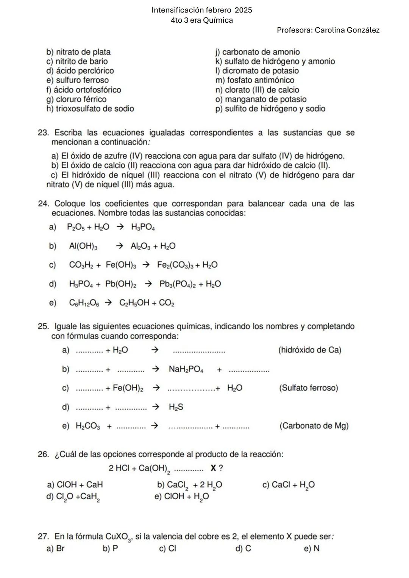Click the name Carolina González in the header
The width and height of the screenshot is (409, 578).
pyautogui.click(x=347, y=30)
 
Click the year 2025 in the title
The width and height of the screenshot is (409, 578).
pyautogui.click(x=240, y=10)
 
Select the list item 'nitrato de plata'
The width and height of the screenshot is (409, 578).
pyautogui.click(x=78, y=52)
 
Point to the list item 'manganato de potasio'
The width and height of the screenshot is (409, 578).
pyautogui.click(x=261, y=99)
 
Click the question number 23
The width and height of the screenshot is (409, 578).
pyautogui.click(x=43, y=133)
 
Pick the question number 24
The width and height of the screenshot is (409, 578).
pyautogui.click(x=43, y=204)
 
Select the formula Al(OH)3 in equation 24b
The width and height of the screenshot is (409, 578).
pyautogui.click(x=83, y=246)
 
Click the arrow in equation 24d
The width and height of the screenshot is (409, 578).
pyautogui.click(x=148, y=284)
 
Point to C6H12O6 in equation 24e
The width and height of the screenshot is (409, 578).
pyautogui.click(x=84, y=303)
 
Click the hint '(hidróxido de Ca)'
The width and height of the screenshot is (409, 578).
pyautogui.click(x=310, y=350)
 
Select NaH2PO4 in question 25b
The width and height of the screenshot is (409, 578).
pyautogui.click(x=186, y=369)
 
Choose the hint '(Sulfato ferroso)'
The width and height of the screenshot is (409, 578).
pyautogui.click(x=308, y=388)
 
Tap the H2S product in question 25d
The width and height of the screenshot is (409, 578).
pyautogui.click(x=176, y=407)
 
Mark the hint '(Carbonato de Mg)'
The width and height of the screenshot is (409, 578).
pyautogui.click(x=314, y=426)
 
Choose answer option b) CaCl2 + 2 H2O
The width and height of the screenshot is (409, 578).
pyautogui.click(x=189, y=485)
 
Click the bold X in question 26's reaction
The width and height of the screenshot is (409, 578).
pyautogui.click(x=213, y=468)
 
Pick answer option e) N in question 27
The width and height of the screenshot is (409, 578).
pyautogui.click(x=312, y=548)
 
